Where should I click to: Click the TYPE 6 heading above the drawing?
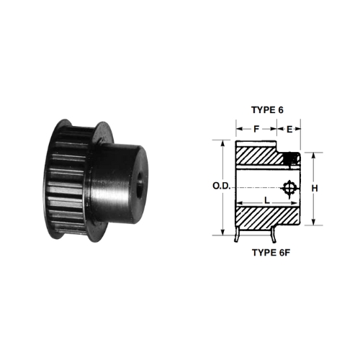267,110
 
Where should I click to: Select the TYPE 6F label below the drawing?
271,253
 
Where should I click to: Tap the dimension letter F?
256,129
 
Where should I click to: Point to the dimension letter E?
289,130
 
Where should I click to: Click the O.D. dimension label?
222,186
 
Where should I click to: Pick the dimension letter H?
315,189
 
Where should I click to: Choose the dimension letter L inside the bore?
267,200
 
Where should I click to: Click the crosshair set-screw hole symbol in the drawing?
289,189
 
